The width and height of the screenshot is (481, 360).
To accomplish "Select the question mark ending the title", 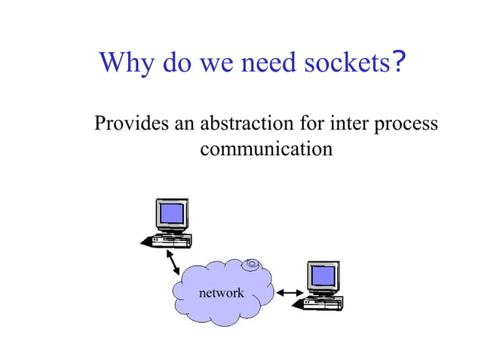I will pos(400,61).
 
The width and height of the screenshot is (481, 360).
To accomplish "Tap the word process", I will pos(407,124).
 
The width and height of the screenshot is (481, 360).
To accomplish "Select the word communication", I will pos(265,148).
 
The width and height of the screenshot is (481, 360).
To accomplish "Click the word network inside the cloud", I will pos(220,292).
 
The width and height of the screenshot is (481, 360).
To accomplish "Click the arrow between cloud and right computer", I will pos(290,292).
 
